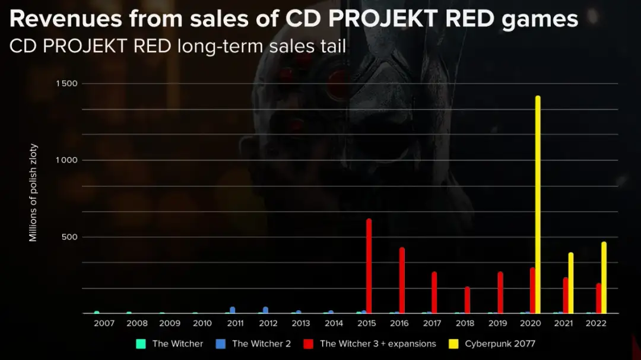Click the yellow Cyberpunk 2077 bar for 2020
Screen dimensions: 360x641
(x=538, y=205)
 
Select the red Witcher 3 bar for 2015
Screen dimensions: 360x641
(x=369, y=266)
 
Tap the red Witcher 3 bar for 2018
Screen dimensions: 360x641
(x=467, y=300)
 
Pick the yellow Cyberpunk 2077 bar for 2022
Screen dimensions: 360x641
(x=604, y=278)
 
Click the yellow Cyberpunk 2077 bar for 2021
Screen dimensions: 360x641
(x=570, y=283)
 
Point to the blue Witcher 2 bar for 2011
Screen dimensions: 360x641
(x=232, y=310)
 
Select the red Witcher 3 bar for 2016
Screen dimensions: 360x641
(x=402, y=281)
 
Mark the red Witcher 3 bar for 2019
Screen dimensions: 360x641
(x=500, y=292)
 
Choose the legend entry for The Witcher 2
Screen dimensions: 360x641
(x=261, y=343)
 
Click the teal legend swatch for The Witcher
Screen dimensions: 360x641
(x=141, y=343)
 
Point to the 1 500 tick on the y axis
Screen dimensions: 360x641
(x=66, y=84)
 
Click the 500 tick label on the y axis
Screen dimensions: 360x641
(x=70, y=237)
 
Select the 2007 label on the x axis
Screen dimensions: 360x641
(x=104, y=324)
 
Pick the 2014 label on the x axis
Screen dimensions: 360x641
(x=334, y=324)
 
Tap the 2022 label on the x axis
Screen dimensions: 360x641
(x=596, y=324)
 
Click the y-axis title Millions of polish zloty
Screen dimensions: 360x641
(x=33, y=193)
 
